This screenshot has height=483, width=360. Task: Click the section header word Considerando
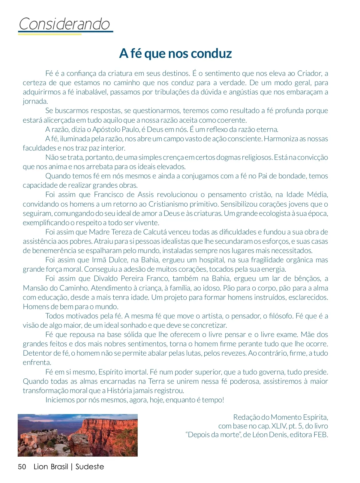(64, 24)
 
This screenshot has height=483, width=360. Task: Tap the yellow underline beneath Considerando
(49, 34)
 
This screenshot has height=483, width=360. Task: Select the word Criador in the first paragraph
(309, 73)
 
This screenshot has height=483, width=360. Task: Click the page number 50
(22, 467)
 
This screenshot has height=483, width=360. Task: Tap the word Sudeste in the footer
(90, 467)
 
